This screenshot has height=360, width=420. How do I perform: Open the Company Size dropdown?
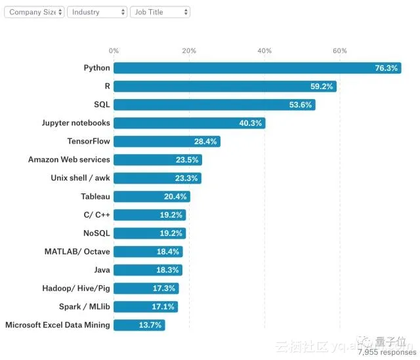click(x=34, y=12)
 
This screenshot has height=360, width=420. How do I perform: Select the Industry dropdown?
click(x=97, y=12)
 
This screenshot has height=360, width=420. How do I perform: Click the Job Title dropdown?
click(x=160, y=12)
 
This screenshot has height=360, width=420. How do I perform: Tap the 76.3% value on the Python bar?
click(x=385, y=68)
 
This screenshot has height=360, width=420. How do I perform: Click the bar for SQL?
click(x=214, y=105)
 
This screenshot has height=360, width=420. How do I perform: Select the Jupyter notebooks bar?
click(x=189, y=123)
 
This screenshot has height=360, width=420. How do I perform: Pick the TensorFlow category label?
click(x=89, y=142)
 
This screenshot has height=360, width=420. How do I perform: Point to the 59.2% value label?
click(x=322, y=87)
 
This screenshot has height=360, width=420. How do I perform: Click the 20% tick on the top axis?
click(x=189, y=50)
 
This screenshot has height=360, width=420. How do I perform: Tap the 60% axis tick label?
click(x=340, y=50)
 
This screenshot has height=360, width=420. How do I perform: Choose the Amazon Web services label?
click(x=69, y=160)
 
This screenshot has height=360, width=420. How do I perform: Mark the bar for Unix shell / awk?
click(x=157, y=178)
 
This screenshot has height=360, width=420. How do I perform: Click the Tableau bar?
click(x=152, y=197)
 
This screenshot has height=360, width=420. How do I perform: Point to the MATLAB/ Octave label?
click(x=77, y=252)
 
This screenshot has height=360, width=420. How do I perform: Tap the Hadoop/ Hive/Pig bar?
click(x=146, y=289)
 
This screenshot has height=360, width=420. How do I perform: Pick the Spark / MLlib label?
click(x=85, y=307)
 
